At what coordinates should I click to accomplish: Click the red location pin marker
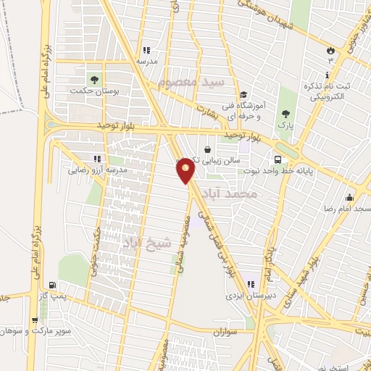[186, 170]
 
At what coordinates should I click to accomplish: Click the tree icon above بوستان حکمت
[93, 78]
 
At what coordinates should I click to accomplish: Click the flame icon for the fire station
[331, 51]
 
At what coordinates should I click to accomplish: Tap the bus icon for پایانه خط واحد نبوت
[278, 159]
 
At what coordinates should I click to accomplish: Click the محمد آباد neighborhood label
[241, 194]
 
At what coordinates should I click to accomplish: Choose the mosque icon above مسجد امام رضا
[350, 198]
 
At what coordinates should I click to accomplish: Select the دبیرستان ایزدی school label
[246, 296]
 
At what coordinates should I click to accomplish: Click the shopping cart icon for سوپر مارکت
[34, 320]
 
